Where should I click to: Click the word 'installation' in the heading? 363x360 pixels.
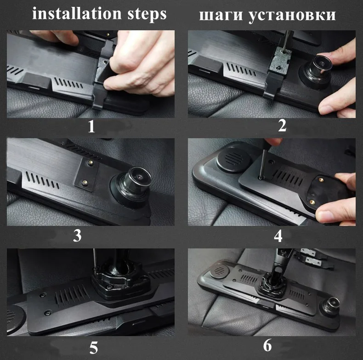pyautogui.click(x=76, y=13)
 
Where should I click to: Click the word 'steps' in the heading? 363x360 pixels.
pyautogui.click(x=147, y=14)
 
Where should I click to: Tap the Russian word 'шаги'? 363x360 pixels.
pyautogui.click(x=221, y=16)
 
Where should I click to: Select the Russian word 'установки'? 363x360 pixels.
pyautogui.click(x=292, y=16)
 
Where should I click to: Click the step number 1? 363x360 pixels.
pyautogui.click(x=91, y=126)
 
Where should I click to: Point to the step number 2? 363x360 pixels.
pyautogui.click(x=282, y=126)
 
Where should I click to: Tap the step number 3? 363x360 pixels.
pyautogui.click(x=77, y=236)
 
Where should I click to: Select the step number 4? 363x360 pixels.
pyautogui.click(x=278, y=236)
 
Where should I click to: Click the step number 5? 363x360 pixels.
pyautogui.click(x=94, y=348)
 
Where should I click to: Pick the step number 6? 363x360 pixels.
pyautogui.click(x=267, y=346)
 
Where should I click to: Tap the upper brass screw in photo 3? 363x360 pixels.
pyautogui.click(x=91, y=163)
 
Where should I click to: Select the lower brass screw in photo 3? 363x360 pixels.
pyautogui.click(x=85, y=182)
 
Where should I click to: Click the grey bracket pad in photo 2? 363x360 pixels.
pyautogui.click(x=279, y=60)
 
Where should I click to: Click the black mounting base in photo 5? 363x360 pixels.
pyautogui.click(x=121, y=282)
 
